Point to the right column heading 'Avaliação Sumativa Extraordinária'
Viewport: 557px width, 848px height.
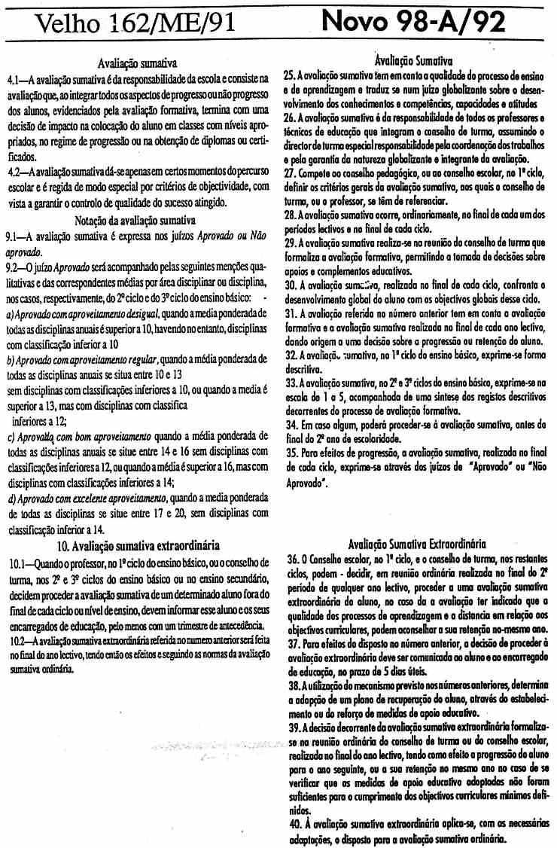coord(418,543)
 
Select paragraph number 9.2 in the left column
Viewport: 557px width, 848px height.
coord(14,267)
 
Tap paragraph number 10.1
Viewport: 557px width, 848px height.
coord(18,562)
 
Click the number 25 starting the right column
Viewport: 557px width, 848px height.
coord(288,77)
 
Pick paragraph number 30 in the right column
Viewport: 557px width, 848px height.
coord(289,285)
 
